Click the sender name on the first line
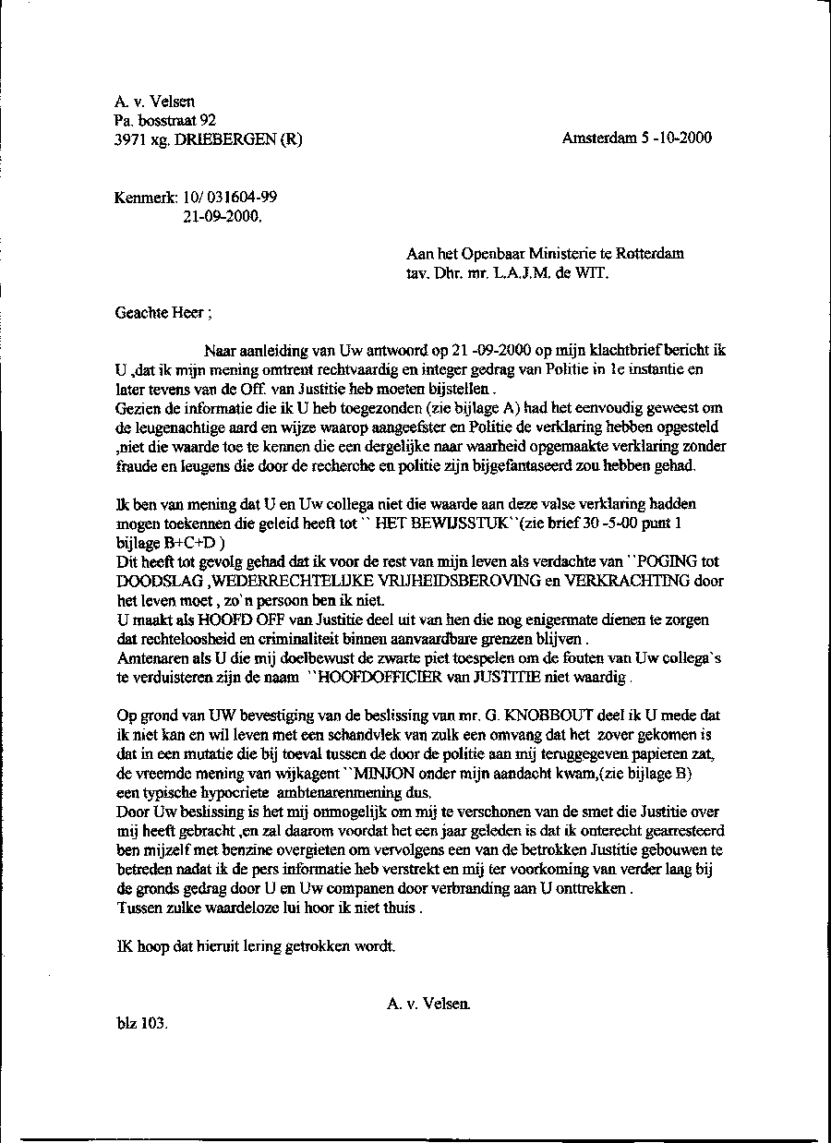point(154,102)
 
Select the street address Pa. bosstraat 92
point(165,120)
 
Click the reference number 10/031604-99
point(231,198)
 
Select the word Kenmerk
point(146,198)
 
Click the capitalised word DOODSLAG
point(162,581)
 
